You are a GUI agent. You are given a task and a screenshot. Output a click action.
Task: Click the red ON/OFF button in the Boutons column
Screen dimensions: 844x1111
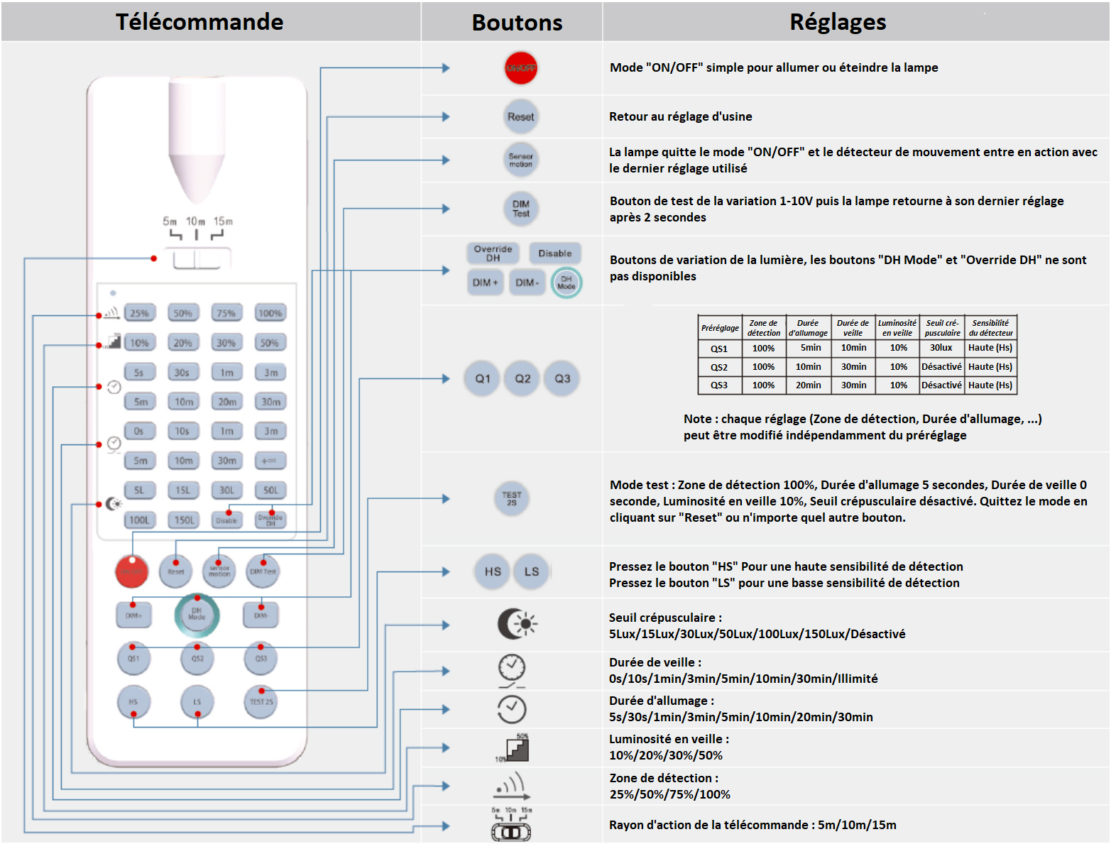coord(520,68)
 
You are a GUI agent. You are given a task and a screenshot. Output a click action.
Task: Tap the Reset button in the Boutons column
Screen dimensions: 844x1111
coord(520,116)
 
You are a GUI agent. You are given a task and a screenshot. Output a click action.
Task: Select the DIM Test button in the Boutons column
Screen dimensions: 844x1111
coord(520,209)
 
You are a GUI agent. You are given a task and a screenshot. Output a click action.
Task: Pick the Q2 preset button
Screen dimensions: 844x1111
coord(522,378)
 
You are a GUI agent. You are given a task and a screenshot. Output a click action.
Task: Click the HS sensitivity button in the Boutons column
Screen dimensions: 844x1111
coord(493,571)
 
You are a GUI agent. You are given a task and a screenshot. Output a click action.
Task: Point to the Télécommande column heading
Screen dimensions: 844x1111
coord(199,22)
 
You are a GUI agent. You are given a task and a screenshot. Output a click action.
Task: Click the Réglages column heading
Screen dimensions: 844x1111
coord(838,22)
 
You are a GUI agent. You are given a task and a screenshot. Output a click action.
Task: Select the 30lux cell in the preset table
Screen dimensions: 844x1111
coord(941,348)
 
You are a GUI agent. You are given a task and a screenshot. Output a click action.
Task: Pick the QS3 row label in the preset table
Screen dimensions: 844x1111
coord(719,385)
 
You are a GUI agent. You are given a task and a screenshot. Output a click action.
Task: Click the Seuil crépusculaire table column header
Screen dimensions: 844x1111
coord(942,328)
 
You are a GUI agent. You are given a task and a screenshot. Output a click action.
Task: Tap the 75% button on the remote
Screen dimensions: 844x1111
coord(226,313)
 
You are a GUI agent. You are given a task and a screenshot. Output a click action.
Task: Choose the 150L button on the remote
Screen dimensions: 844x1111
coord(184,520)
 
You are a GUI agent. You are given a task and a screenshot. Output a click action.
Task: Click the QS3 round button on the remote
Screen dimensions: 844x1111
coord(261,658)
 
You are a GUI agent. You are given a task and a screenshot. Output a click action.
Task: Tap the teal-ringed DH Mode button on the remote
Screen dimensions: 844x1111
coord(197,615)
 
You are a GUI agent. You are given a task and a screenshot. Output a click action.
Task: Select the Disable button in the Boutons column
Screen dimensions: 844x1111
coord(554,253)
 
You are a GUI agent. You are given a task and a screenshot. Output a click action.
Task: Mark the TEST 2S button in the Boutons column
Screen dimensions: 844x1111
coord(511,498)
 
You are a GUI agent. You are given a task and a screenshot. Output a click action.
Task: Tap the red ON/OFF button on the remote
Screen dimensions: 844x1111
coord(132,571)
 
